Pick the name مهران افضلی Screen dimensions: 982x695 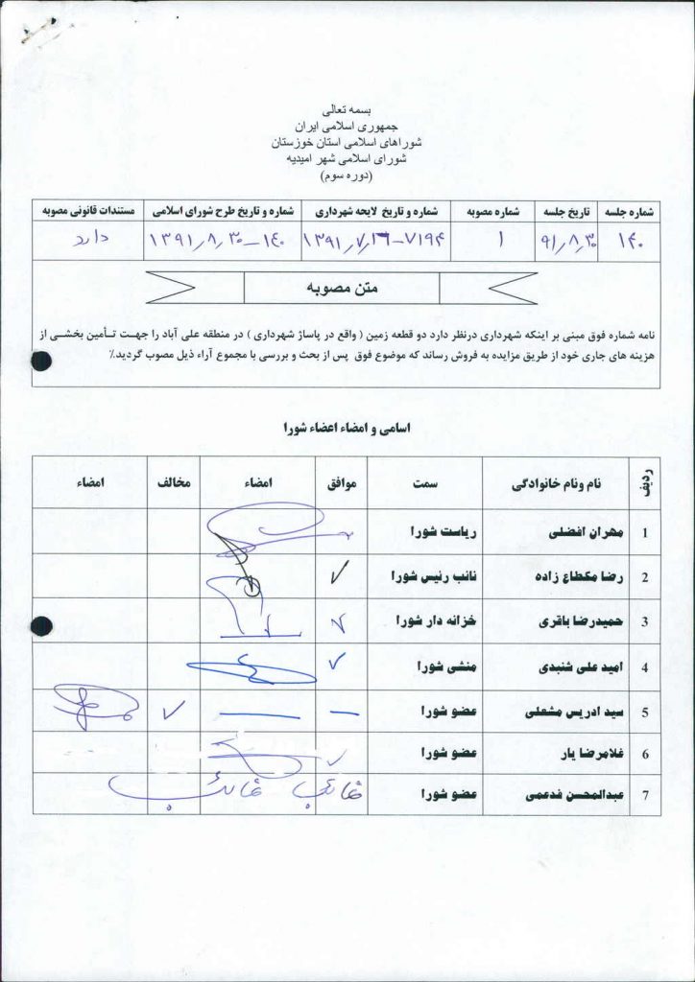(574, 531)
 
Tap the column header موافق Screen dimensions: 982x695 (342, 485)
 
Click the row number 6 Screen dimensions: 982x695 (645, 755)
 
